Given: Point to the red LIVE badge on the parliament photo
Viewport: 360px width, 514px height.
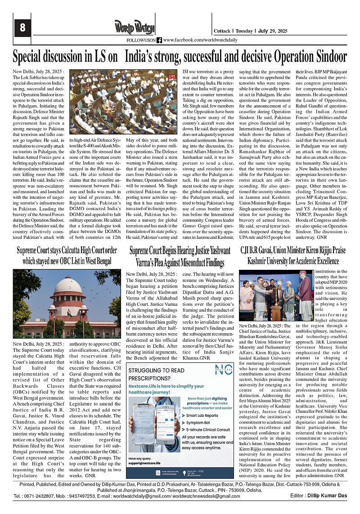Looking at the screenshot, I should pos(171,76).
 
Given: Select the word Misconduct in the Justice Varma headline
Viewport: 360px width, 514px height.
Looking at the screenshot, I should pos(189,261).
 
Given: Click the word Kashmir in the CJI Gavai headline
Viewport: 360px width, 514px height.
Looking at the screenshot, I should pos(259,260).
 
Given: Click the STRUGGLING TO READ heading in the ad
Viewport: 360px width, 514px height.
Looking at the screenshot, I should pos(156,358).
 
